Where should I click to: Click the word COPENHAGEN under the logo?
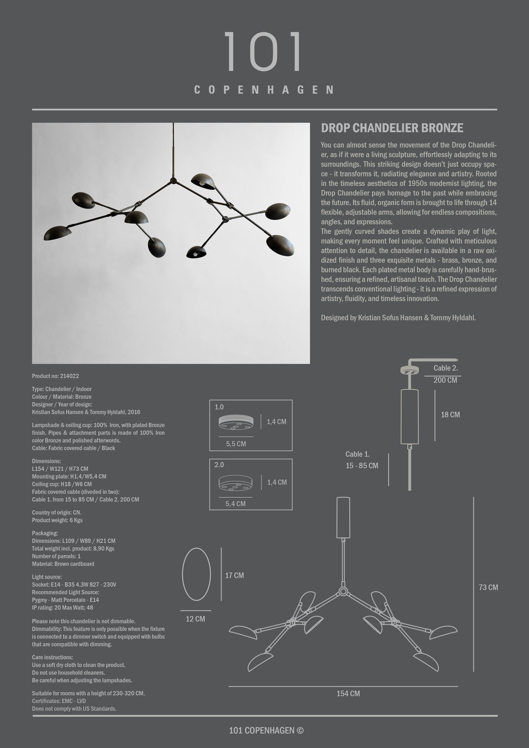point(264,90)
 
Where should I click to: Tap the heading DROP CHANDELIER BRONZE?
point(392,128)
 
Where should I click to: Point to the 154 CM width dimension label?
point(348,693)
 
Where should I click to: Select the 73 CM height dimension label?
point(488,587)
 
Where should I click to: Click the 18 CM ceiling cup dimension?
point(450,415)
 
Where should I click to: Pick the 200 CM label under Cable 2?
point(445,380)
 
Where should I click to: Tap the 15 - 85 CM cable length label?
point(362,466)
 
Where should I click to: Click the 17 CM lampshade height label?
point(234,575)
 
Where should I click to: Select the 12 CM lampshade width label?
point(196,619)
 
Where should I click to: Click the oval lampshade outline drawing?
point(197,574)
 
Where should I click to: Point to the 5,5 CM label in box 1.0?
point(236,444)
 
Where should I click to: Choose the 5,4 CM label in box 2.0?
point(235,504)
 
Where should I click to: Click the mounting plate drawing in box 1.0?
point(236,422)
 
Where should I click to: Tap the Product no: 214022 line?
point(56,376)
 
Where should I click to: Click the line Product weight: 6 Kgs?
point(57,520)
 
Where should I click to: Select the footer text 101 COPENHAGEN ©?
point(266,730)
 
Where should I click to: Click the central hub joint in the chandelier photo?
point(173,181)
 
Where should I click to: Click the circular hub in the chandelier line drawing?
point(343,591)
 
